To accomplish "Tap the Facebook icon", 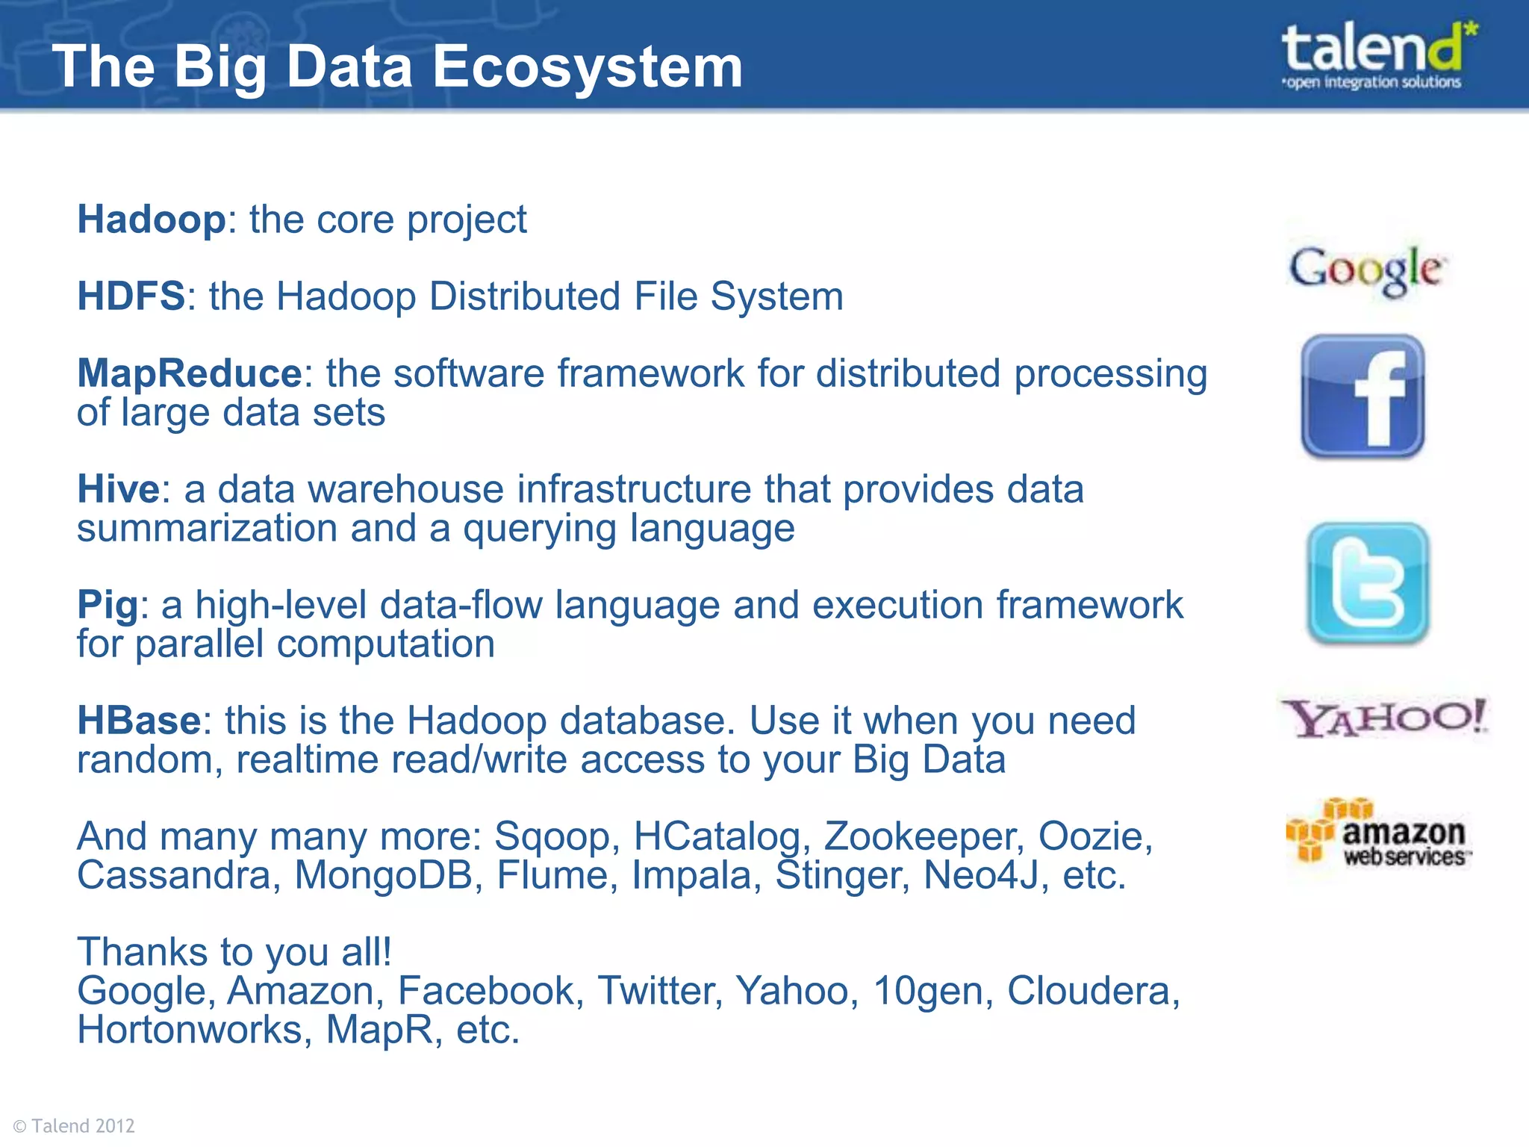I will pyautogui.click(x=1363, y=397).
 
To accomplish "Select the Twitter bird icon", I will pyautogui.click(x=1368, y=583).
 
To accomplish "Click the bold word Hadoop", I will pyautogui.click(x=152, y=220).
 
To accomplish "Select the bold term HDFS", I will pyautogui.click(x=131, y=296).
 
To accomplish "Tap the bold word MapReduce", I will pyautogui.click(x=190, y=373).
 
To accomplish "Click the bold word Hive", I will pyautogui.click(x=118, y=489).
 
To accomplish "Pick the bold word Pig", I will pyautogui.click(x=108, y=605).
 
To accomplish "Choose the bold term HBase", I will pyautogui.click(x=139, y=721).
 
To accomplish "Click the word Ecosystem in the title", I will pyautogui.click(x=588, y=67).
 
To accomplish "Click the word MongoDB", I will pyautogui.click(x=384, y=875).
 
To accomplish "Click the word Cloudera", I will pyautogui.click(x=1092, y=991).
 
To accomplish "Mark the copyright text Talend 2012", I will pyautogui.click(x=75, y=1125).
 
